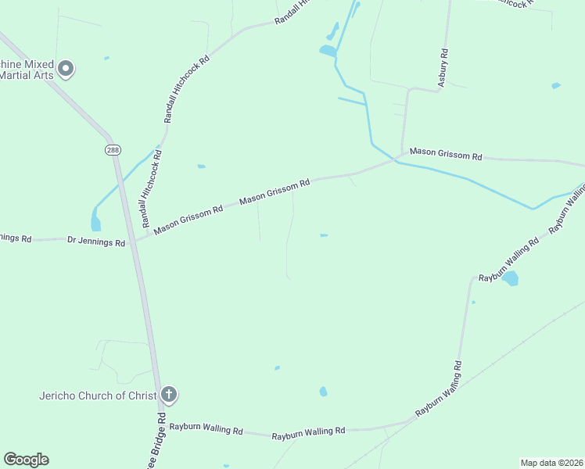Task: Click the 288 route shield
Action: [113, 149]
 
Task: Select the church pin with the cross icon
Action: [168, 395]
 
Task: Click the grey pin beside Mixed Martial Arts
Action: [66, 69]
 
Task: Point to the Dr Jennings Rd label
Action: [96, 243]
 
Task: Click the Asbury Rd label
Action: [443, 68]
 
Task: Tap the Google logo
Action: [26, 460]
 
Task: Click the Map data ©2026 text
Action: [551, 463]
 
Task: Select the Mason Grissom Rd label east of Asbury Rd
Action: [446, 154]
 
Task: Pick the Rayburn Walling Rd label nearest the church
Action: [206, 429]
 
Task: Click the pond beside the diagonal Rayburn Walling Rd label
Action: [510, 278]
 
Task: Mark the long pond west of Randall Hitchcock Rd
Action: [95, 219]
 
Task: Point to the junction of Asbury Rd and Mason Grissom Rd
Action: [402, 154]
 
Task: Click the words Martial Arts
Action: [27, 75]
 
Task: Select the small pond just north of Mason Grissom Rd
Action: [201, 166]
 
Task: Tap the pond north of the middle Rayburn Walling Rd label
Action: [323, 392]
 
